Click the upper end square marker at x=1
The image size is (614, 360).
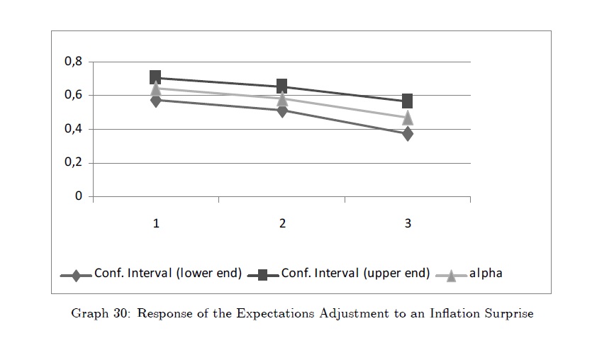[156, 77]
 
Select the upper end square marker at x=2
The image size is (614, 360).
[282, 86]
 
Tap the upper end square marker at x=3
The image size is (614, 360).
[408, 101]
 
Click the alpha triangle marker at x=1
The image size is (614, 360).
[156, 89]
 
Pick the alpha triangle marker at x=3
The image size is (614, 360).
[408, 117]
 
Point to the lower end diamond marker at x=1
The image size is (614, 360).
[156, 100]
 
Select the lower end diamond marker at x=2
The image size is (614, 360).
[282, 110]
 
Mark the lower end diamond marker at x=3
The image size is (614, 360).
[408, 133]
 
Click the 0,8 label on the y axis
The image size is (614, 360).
[74, 62]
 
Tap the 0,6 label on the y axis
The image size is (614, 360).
[74, 95]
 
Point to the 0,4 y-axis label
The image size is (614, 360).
[74, 129]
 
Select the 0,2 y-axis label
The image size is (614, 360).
[74, 163]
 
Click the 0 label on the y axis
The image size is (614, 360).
[79, 196]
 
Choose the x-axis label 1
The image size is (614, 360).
[156, 224]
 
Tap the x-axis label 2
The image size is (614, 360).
[282, 224]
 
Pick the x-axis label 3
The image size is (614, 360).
[408, 224]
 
